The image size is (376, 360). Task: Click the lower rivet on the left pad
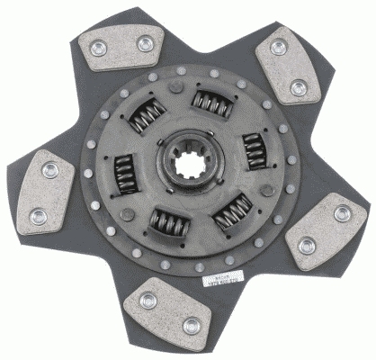pos(39,216)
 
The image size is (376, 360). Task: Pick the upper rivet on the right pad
pos(342,213)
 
